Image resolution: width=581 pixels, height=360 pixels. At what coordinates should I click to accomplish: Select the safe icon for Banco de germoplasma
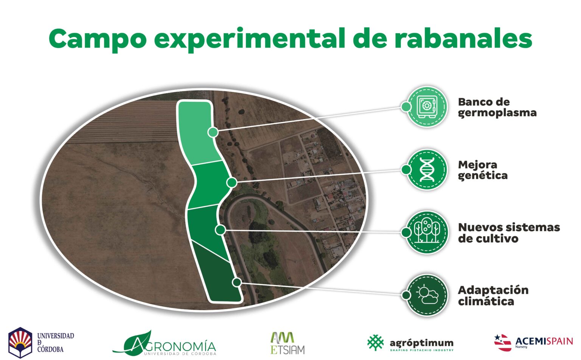point(427,107)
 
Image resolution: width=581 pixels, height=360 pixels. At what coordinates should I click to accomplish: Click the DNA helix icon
point(427,169)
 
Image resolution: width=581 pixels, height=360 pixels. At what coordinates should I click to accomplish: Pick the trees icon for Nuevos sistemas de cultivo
point(427,232)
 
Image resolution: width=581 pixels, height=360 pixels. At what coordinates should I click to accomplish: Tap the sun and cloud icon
point(427,295)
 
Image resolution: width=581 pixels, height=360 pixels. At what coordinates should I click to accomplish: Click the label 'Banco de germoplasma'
point(497,107)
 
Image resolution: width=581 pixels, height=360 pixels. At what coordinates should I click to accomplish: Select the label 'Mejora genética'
point(482,170)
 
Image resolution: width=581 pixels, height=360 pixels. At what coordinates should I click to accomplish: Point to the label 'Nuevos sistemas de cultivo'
point(508,233)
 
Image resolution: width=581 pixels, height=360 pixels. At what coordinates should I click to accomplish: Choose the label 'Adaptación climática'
point(493,296)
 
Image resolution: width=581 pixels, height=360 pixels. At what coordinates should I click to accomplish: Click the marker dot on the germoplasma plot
point(213,132)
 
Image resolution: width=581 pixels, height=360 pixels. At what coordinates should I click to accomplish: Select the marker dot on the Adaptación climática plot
point(237,282)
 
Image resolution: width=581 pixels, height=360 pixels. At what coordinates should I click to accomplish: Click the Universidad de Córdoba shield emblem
point(20,342)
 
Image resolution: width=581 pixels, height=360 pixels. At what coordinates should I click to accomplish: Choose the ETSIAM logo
point(287,343)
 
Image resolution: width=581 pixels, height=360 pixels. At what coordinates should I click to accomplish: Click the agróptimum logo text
point(421,343)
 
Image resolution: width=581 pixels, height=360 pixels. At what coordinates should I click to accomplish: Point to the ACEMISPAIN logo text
point(544,341)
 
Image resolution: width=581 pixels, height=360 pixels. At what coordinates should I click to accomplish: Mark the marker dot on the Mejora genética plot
point(231,183)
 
